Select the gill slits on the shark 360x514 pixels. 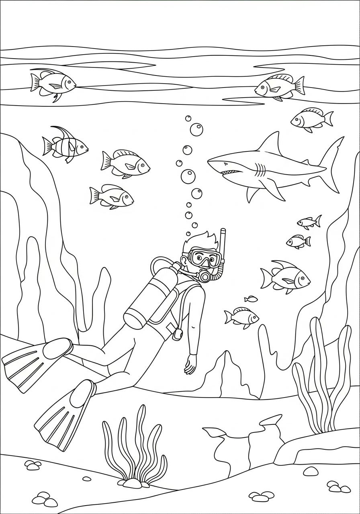coord(261,171)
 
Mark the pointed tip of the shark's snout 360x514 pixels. coord(209,163)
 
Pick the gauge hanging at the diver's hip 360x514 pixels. coord(177,334)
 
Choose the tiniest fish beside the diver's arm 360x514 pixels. coord(251,299)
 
